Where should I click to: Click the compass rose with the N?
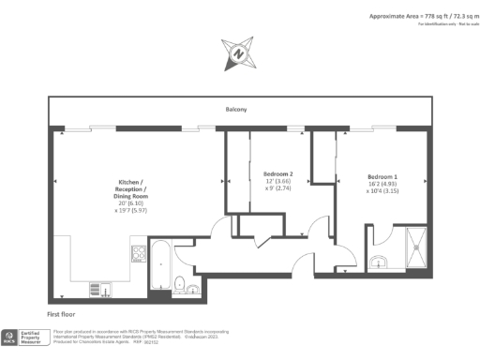coord(238,53)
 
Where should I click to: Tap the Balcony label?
coord(235,111)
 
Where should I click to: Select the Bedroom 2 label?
coord(278,174)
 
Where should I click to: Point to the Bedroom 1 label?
coord(382,177)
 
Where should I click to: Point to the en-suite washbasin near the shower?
coord(380,262)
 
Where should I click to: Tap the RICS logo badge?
coord(10,335)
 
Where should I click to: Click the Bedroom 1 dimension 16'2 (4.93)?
coord(382,185)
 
